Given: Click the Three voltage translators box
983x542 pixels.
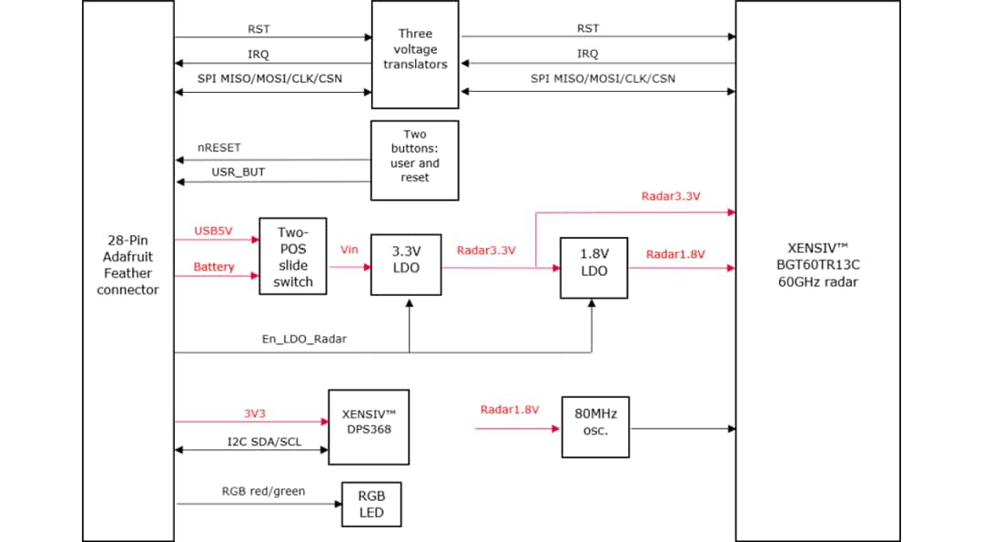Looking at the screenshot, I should (415, 55).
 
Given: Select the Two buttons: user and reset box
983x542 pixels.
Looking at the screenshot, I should (414, 160).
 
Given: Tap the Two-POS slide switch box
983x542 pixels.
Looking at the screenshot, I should (293, 257).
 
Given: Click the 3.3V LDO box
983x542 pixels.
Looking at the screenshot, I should (406, 261).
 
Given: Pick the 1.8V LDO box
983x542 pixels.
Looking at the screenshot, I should (593, 268).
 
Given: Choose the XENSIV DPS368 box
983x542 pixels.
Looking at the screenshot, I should (369, 423).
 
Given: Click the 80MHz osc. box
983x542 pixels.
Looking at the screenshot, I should (595, 427).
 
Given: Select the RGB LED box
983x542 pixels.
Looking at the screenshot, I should (370, 505).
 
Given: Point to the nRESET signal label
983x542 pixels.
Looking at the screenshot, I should (219, 147).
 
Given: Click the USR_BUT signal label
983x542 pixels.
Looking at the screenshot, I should (238, 170).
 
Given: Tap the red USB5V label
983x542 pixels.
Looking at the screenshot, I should (213, 230).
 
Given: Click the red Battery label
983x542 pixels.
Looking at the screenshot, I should (214, 267).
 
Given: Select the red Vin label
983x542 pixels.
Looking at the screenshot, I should (350, 250).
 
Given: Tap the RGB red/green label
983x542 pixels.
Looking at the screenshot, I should (264, 491).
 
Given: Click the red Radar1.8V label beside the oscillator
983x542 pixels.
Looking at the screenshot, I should (510, 410).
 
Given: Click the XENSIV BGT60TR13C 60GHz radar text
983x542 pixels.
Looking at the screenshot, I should (816, 264).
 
